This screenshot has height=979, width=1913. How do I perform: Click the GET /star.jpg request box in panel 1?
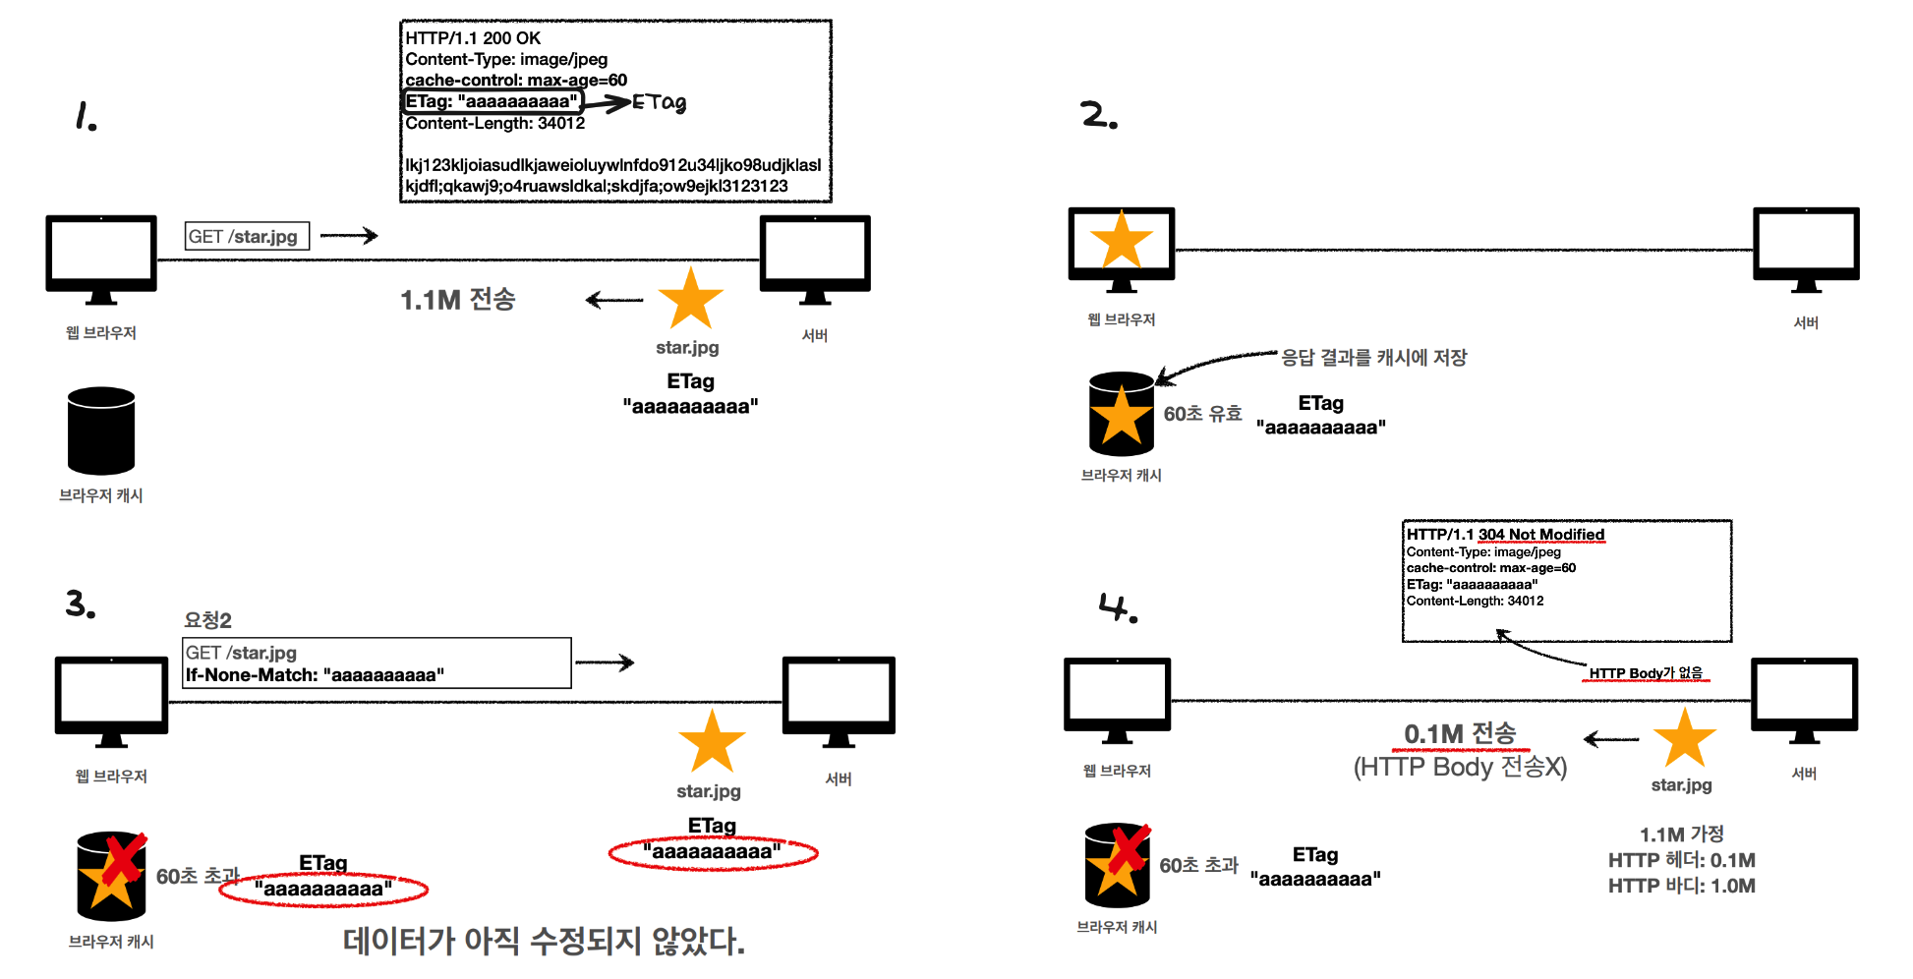247,236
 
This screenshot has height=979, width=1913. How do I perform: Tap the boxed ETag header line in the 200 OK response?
493,101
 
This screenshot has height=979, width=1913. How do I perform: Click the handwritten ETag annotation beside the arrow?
659,102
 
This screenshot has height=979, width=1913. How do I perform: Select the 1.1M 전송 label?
457,299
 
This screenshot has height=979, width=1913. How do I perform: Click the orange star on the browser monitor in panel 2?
1122,240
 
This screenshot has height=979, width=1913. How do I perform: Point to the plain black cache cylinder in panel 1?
101,431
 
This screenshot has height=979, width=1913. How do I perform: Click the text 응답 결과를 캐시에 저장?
1373,357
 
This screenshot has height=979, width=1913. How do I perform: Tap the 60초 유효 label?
1202,414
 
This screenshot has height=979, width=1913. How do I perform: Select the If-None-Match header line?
315,675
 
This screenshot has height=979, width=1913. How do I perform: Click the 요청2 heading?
207,620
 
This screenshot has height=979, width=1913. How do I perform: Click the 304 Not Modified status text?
1541,535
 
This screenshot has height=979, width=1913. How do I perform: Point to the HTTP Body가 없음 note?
1646,673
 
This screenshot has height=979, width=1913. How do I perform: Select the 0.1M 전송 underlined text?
1460,733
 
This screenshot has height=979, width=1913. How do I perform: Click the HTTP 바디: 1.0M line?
1681,886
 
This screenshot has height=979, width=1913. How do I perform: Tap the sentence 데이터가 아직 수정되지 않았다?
544,941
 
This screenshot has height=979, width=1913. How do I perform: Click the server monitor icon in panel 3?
839,701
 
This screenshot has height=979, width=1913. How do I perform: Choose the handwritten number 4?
1118,607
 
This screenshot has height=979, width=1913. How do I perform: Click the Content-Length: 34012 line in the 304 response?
1475,601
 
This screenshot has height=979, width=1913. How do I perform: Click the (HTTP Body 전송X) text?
1460,767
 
